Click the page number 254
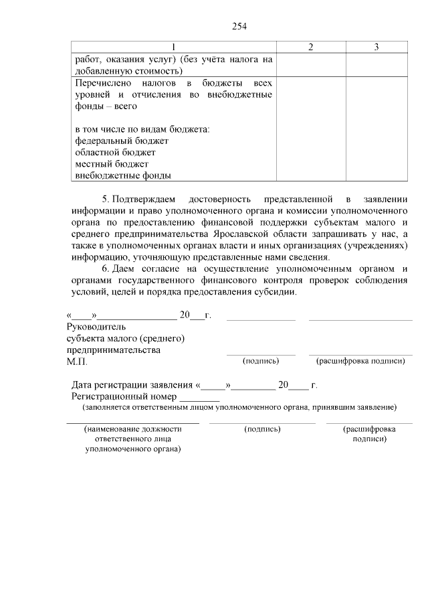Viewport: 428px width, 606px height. (x=240, y=26)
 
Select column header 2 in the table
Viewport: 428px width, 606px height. (x=310, y=47)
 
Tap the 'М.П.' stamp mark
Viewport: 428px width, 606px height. (x=77, y=362)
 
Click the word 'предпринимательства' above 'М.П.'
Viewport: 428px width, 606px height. (x=113, y=350)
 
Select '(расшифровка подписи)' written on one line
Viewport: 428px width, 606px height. (x=360, y=361)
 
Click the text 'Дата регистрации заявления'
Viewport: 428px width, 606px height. (x=132, y=385)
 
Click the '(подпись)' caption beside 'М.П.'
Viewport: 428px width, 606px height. (x=259, y=361)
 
